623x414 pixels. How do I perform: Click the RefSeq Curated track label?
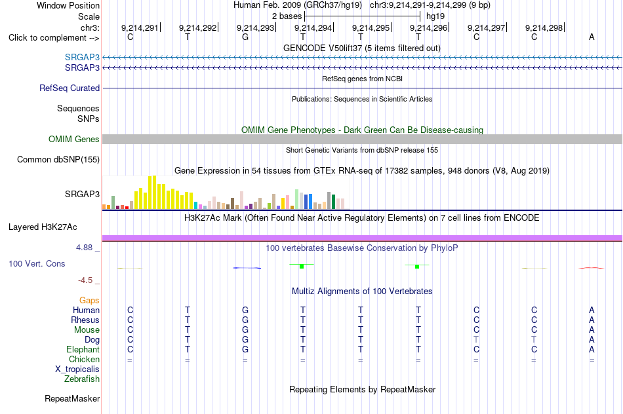[x=70, y=88]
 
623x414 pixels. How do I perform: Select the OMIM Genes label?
[x=74, y=139]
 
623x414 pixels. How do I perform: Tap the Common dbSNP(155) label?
[x=58, y=160]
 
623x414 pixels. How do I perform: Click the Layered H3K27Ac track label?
[x=43, y=227]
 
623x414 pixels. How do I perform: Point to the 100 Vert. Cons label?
[x=37, y=263]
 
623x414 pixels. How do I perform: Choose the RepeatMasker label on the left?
[x=72, y=398]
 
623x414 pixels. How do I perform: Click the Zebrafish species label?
[x=82, y=379]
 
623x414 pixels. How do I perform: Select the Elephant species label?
[x=83, y=349]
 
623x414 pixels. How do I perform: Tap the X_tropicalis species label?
[x=77, y=369]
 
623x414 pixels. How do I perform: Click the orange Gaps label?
[x=89, y=301]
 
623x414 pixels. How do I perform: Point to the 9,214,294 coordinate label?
[x=313, y=28]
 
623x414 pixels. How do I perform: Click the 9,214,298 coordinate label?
[x=544, y=28]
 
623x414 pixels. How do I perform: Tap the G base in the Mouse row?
[x=245, y=330]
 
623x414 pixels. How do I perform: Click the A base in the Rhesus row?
[x=592, y=320]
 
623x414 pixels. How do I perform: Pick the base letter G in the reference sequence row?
[x=245, y=37]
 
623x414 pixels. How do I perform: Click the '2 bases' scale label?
[x=287, y=16]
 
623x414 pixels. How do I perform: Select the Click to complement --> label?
[x=54, y=38]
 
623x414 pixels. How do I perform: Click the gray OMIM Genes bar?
[x=363, y=139]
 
